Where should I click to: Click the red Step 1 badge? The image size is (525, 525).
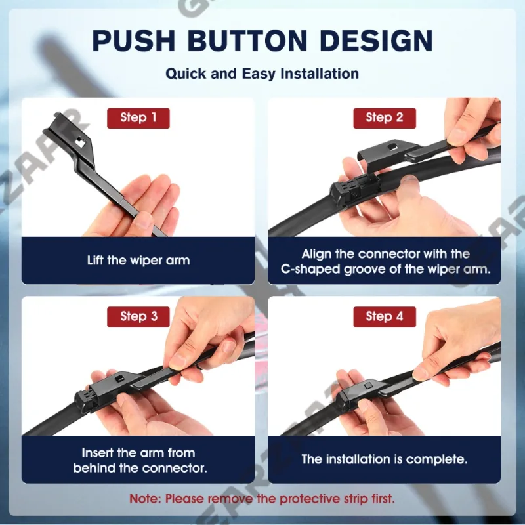coord(138,118)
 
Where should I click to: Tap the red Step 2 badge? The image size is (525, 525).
coord(385,118)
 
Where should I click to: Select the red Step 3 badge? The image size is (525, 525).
coord(138,317)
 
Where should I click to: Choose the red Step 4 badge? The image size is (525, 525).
coord(385,317)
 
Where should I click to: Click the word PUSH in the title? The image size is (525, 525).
coord(134,41)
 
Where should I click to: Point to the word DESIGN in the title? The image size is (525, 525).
coord(376,41)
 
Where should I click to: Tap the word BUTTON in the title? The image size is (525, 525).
coord(247,41)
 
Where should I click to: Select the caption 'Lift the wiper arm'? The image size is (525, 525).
coord(138,260)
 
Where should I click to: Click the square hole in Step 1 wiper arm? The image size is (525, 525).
coord(79,142)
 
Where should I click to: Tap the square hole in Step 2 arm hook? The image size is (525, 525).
coord(392,146)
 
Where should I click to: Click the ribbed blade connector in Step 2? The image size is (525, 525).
coord(355,188)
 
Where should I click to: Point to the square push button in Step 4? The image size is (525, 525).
coord(367,385)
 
